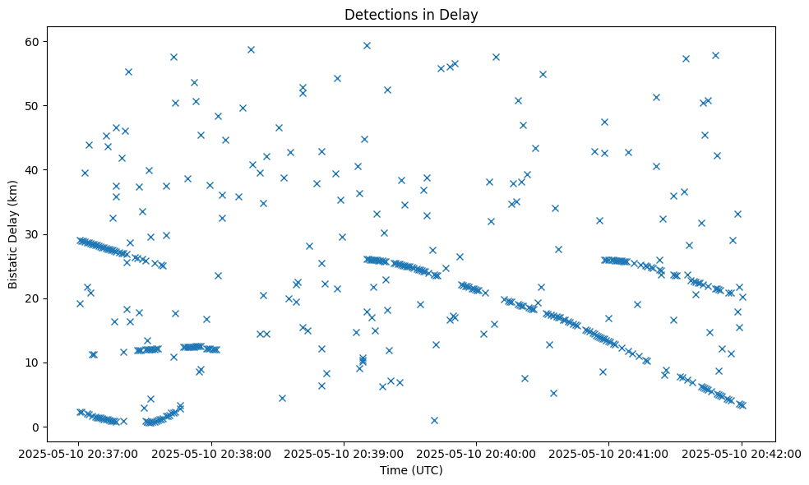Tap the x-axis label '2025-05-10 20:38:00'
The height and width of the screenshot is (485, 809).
coord(212,452)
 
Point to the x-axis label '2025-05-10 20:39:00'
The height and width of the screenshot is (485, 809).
coord(344,452)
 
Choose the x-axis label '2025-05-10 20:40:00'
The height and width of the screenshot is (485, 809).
coord(477,452)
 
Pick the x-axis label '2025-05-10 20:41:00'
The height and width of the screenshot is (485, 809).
coord(609,452)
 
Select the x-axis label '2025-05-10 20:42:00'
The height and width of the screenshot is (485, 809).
coord(742,452)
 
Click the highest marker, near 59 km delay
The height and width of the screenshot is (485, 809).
coord(367,45)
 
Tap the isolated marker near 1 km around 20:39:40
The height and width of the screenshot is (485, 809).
coord(434,420)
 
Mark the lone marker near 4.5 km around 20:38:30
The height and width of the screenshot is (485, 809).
coord(282,398)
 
